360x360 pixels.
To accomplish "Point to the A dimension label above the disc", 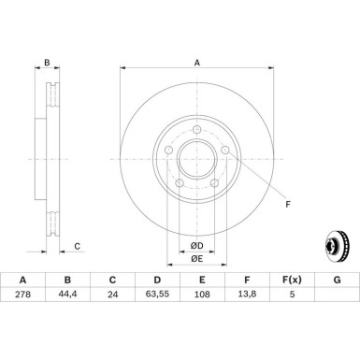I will click(196, 64).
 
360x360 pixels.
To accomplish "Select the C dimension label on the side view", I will click(77, 247).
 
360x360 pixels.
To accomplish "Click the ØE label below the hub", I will click(197, 259).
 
